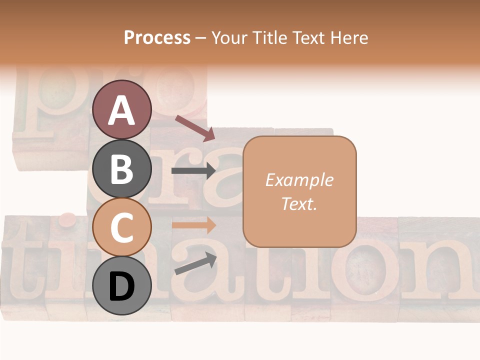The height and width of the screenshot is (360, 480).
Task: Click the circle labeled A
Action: [x=121, y=109]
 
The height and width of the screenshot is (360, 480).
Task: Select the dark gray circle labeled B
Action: [x=121, y=169]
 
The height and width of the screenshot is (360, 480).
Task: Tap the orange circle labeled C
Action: [x=121, y=227]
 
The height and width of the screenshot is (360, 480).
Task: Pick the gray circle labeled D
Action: [x=121, y=286]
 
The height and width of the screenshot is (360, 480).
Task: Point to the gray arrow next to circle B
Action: [x=193, y=171]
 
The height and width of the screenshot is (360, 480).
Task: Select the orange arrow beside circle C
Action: [x=193, y=225]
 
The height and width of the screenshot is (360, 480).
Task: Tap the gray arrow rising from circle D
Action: [x=195, y=264]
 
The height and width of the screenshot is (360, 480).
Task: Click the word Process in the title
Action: [x=157, y=38]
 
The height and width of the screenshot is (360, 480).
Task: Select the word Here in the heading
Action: [x=349, y=38]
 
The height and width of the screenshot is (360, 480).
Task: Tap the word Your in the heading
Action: [x=230, y=38]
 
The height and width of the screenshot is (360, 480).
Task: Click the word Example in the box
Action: [x=299, y=180]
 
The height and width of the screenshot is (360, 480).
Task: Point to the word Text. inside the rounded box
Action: [x=299, y=203]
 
